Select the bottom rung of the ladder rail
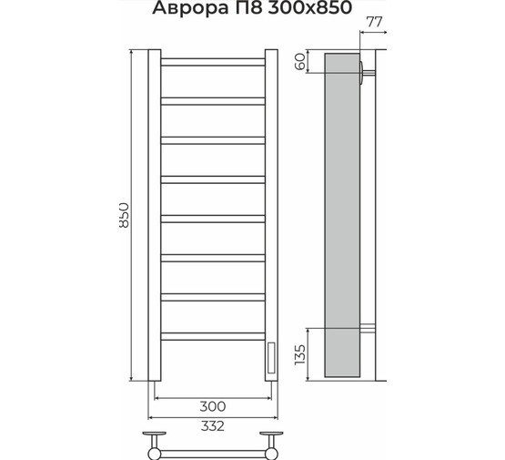pos(212,337)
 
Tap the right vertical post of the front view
pos(271,215)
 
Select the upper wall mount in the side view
pos(366,72)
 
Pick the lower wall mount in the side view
pos(367,329)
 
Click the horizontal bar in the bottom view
pos(213,449)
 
